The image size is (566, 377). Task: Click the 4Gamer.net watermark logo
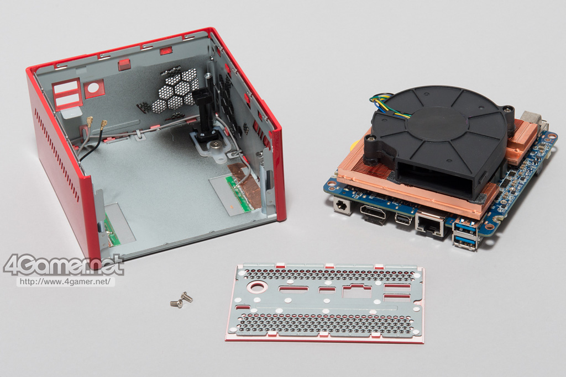(64, 266)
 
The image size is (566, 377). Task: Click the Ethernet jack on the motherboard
(430, 225)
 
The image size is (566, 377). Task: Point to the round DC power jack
(342, 206)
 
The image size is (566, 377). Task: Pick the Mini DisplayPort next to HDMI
(402, 219)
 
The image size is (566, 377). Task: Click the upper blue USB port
(464, 227)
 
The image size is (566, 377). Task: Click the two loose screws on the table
(181, 299)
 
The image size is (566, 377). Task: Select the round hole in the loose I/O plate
(257, 287)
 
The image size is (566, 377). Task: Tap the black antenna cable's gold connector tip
(104, 125)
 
